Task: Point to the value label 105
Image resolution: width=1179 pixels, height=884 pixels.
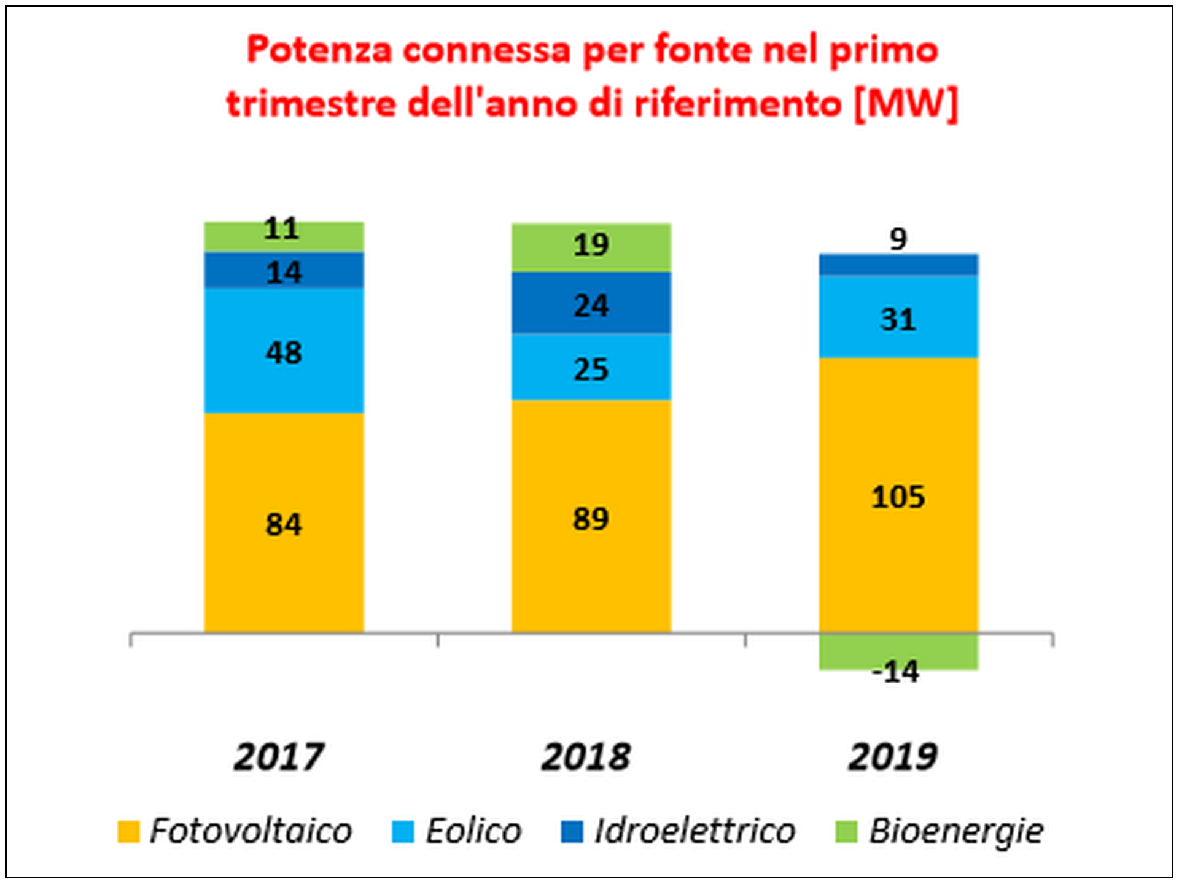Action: (x=898, y=497)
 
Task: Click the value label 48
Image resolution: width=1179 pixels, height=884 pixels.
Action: (x=284, y=353)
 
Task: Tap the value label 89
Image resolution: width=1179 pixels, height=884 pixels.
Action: (x=591, y=519)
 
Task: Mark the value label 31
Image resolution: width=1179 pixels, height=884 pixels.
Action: (x=898, y=320)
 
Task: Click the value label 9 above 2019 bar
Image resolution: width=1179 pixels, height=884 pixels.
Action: (x=898, y=239)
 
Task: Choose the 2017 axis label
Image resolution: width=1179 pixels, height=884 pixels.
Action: (x=278, y=756)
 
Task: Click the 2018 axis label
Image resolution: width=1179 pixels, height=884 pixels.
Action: (x=585, y=756)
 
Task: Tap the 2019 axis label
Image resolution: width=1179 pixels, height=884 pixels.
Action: (x=892, y=756)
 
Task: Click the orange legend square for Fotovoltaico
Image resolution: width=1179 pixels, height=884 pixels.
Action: (x=128, y=832)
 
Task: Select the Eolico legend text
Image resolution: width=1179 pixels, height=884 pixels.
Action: (x=473, y=831)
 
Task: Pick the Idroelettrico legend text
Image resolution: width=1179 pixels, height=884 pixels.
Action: (x=695, y=831)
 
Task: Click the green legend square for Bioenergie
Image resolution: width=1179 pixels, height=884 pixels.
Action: (x=846, y=832)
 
